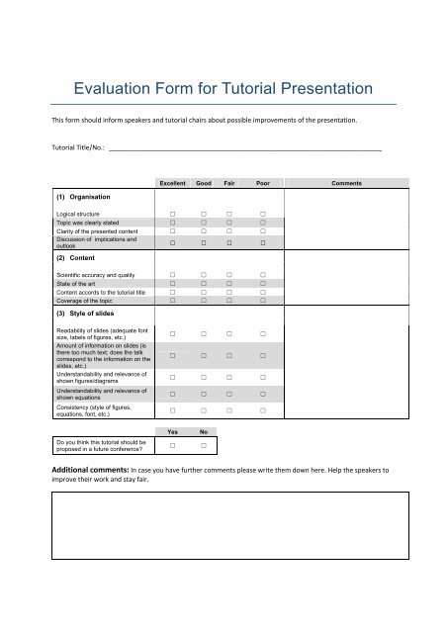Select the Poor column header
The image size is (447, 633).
click(263, 183)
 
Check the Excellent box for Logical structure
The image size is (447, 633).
click(173, 214)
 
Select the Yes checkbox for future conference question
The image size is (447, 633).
click(173, 445)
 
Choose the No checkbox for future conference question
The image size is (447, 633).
click(203, 445)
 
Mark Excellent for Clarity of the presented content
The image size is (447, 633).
click(173, 232)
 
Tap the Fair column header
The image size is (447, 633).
click(229, 183)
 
